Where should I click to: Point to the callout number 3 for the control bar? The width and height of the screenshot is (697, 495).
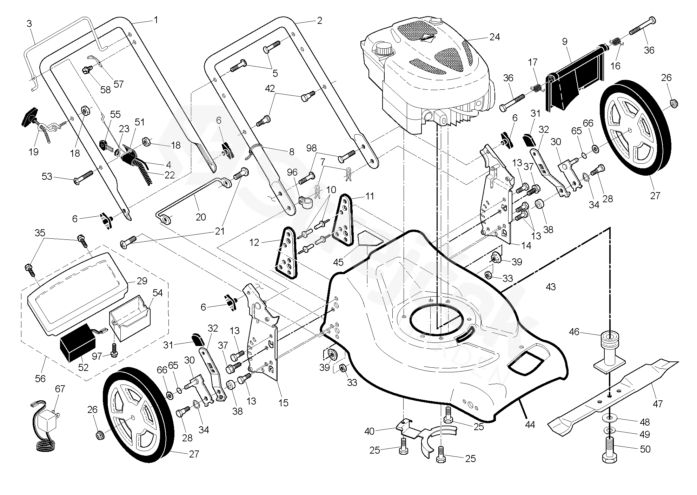coord(29,24)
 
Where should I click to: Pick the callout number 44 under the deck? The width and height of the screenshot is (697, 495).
coord(530,425)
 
